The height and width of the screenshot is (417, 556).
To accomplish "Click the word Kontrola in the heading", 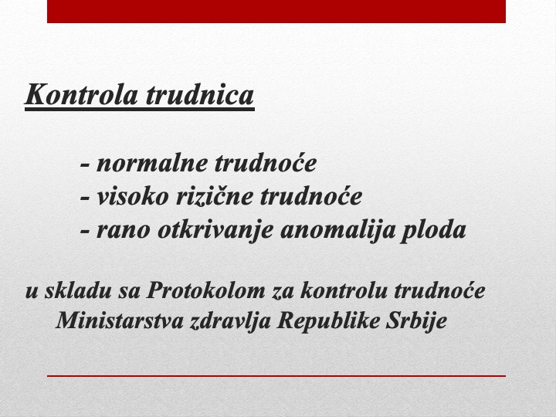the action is point(82,94).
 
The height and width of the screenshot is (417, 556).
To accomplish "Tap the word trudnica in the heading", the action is point(200,94).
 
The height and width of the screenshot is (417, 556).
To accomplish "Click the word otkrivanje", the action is point(215,230).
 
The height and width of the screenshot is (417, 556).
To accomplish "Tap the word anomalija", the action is point(338,230).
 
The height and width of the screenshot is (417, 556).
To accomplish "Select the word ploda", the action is point(433,230).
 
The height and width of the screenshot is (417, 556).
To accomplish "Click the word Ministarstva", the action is point(120,320).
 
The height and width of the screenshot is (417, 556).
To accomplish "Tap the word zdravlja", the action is point(230,321).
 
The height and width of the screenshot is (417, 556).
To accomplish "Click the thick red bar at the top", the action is point(276,12).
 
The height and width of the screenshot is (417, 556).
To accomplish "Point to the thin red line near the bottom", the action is point(276,376).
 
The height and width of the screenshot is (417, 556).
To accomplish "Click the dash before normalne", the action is point(85,165).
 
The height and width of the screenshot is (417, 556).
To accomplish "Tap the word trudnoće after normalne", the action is point(266,163).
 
